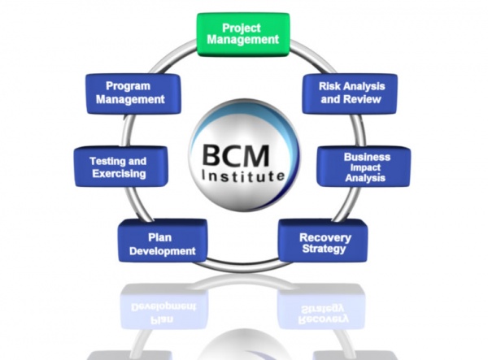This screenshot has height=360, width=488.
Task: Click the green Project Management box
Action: point(243,34)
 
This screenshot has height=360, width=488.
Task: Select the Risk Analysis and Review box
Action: point(350,93)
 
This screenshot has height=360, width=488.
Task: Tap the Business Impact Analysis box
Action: point(364,167)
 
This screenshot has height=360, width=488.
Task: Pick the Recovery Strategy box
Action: point(323,241)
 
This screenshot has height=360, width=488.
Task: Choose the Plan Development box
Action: point(163,241)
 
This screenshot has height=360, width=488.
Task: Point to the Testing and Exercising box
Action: point(121,167)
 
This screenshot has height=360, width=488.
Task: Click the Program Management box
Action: point(133,93)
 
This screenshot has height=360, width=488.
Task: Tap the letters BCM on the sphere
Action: point(235,156)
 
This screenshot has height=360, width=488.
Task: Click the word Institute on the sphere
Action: point(243,176)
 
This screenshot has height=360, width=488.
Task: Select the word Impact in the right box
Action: point(365,168)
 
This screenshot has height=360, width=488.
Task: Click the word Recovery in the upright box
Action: point(325,238)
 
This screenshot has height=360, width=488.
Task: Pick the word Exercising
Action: point(119,173)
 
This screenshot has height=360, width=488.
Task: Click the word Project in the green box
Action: point(242,28)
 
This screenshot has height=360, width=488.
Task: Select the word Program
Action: point(128,86)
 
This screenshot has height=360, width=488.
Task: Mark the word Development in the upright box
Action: point(163,251)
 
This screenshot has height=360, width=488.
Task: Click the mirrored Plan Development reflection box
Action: point(163,308)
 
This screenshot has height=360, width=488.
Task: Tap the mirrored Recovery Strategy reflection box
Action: point(323,307)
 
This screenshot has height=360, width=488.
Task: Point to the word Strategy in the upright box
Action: point(324,249)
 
